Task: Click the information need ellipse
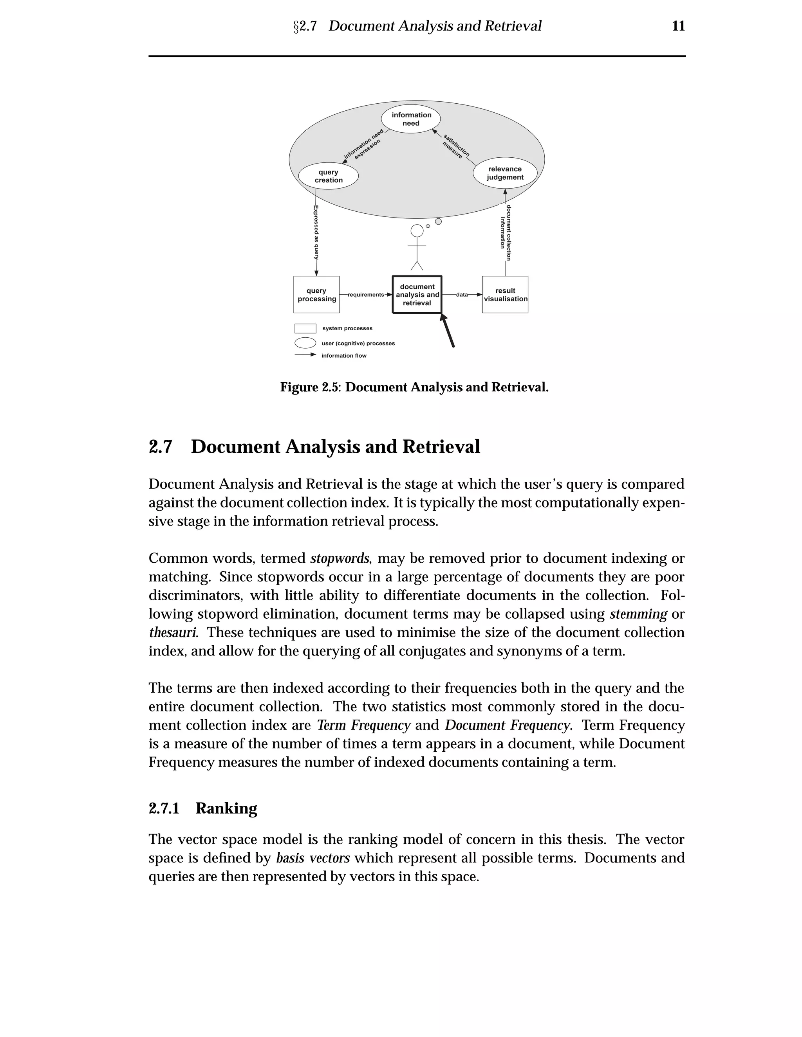[x=411, y=119]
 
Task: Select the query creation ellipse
[x=328, y=176]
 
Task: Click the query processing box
[x=316, y=294]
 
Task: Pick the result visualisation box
[x=505, y=294]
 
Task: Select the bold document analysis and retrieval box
[x=417, y=294]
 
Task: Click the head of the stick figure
[x=417, y=230]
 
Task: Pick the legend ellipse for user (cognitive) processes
[x=305, y=343]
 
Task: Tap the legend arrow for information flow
[x=305, y=355]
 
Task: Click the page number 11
[x=678, y=26]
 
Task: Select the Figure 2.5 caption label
[x=310, y=387]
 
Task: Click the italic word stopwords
[x=339, y=558]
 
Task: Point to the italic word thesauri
[x=172, y=632]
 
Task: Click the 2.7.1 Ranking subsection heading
[x=203, y=808]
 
